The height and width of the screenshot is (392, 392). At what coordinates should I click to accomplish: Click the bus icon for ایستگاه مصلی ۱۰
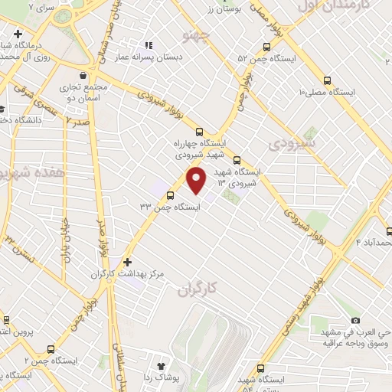coord(328,80)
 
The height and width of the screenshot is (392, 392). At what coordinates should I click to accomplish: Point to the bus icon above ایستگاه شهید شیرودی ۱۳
coord(237,161)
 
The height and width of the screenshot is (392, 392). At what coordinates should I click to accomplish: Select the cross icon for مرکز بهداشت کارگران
coord(128,262)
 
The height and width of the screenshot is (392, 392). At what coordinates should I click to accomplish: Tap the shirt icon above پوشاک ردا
coord(161,367)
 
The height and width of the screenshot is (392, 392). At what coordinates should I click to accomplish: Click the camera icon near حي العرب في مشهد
coord(355,320)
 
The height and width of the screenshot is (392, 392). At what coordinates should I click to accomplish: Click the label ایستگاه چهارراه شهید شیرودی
coord(200,148)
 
